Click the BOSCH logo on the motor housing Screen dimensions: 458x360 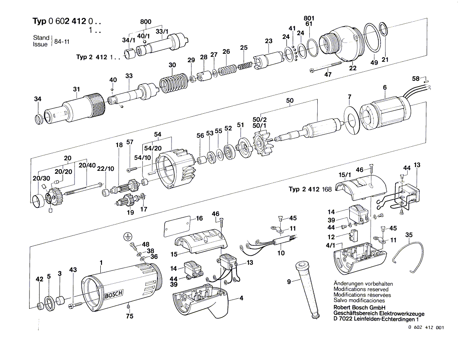114,294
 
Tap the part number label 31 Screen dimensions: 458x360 77,89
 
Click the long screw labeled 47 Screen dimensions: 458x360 326,66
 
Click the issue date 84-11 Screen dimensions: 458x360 62,42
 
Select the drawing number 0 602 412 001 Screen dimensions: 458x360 426,327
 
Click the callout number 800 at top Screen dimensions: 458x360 146,21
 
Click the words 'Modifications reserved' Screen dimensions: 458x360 361,289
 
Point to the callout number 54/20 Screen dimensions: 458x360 153,148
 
